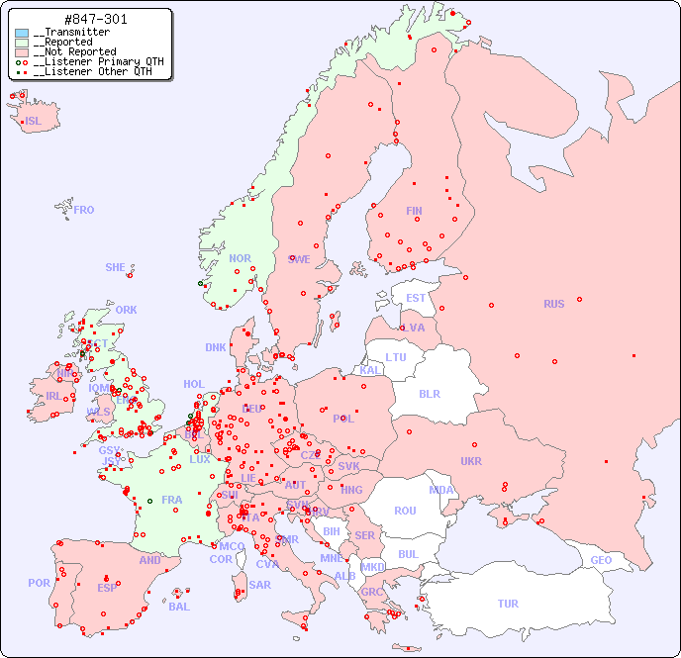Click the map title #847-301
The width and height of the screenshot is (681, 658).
[95, 20]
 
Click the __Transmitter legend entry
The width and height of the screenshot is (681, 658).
[71, 33]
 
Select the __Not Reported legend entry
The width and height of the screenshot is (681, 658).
[74, 51]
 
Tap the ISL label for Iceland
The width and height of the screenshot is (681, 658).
[34, 122]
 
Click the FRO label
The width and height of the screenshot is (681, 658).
[84, 210]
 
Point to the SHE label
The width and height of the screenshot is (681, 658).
[116, 267]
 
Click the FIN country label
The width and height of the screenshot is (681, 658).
[414, 211]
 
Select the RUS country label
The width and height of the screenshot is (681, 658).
[553, 304]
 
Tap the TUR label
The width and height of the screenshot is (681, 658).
[508, 604]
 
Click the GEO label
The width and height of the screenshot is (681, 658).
[601, 560]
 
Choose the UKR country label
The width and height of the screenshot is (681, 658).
[471, 461]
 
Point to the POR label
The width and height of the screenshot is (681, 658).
[39, 583]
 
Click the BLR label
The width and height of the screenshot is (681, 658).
[430, 393]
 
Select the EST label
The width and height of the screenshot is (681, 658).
[416, 298]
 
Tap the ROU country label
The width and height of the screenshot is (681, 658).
[405, 511]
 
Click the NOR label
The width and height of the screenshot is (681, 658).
[241, 258]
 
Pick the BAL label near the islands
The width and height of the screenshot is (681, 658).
[179, 607]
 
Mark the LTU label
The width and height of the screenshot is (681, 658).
[396, 357]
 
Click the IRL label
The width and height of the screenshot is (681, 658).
[53, 396]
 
